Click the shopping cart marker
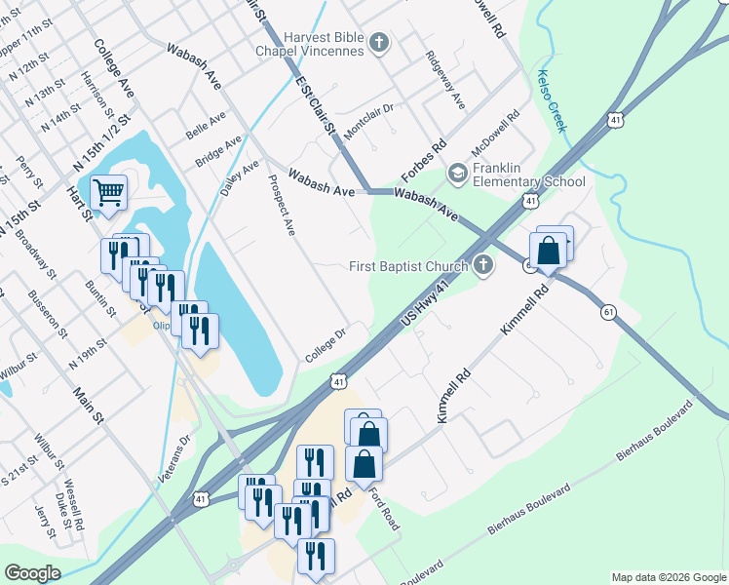(108, 191)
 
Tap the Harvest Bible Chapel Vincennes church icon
(380, 42)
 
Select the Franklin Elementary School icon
(457, 174)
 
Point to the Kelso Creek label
(551, 97)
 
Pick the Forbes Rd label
(424, 161)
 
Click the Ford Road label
(384, 507)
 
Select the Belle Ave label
(206, 125)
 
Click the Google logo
(31, 573)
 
